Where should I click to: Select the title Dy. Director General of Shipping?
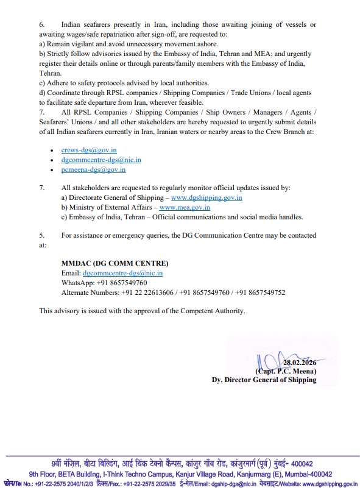264,380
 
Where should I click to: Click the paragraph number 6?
42,24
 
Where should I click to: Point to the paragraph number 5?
42,235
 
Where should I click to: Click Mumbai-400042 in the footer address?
307,474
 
